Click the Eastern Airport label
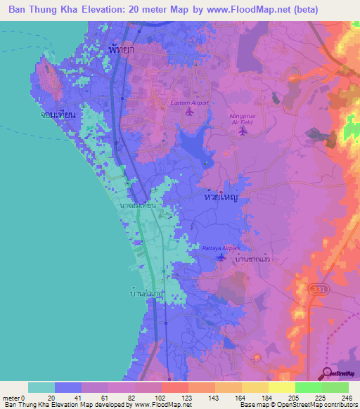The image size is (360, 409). [x=190, y=103]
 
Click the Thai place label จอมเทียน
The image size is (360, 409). [x=58, y=114]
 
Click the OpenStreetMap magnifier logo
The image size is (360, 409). [x=328, y=372]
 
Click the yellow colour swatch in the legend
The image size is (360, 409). [x=282, y=387]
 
